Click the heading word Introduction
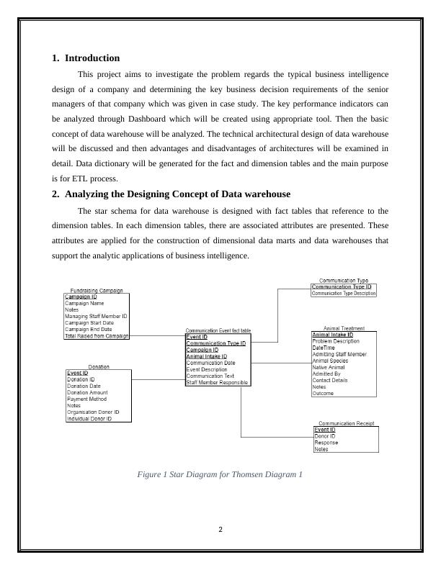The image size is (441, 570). coord(92,58)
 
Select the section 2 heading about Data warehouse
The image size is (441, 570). coord(177,194)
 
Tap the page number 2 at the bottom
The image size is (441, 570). coord(220,530)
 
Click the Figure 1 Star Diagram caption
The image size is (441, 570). coord(219,475)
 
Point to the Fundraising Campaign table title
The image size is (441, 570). coord(97,290)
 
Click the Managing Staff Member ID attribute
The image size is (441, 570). coord(96,316)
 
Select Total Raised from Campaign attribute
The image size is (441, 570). coord(97,336)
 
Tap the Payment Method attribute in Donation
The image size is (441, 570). coord(86,399)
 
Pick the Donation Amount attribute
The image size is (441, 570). coord(87,392)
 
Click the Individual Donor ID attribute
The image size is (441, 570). coord(89,418)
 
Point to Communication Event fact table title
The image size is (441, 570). coord(218,330)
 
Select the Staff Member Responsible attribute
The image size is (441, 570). coord(218,383)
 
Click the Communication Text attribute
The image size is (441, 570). coord(210,376)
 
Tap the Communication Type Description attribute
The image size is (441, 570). coord(344,294)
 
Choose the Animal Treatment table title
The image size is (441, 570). coord(344,328)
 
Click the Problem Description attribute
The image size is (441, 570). coord(336,341)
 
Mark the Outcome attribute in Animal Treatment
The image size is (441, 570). coord(322,394)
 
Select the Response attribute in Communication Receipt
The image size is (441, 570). coord(326,443)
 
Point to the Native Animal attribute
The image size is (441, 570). coord(329,368)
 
